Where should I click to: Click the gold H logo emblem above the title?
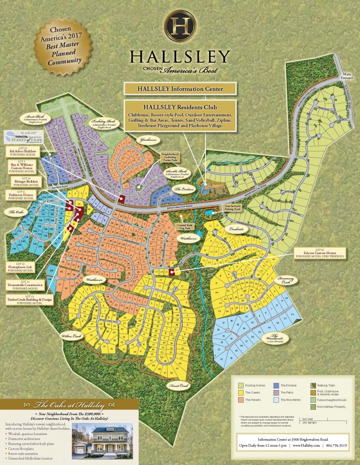180,25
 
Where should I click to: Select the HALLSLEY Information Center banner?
180,89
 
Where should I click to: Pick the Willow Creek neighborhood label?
71,336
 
